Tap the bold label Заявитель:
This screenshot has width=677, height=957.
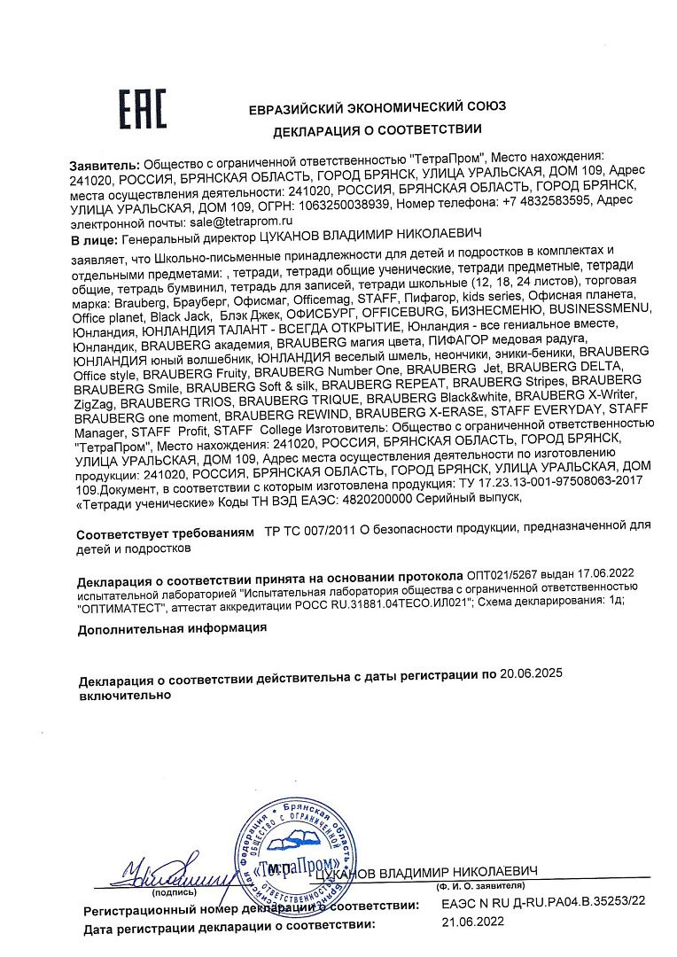(105, 165)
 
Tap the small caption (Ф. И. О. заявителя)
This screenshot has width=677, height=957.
(479, 885)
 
